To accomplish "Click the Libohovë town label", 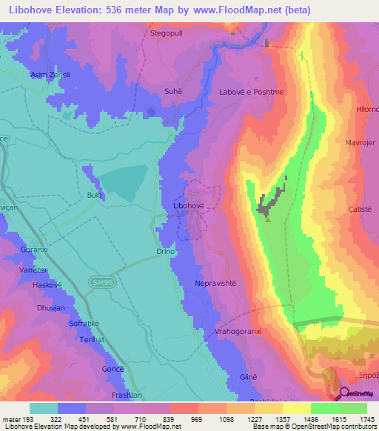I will tap(187, 204).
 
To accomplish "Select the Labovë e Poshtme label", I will tap(246, 92).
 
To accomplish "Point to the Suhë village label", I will tap(172, 92).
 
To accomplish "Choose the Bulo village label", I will tap(94, 196).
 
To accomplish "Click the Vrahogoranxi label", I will tap(240, 331).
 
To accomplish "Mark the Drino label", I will tap(165, 253).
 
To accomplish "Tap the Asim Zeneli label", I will tap(50, 75).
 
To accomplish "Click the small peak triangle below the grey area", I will tap(268, 219).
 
